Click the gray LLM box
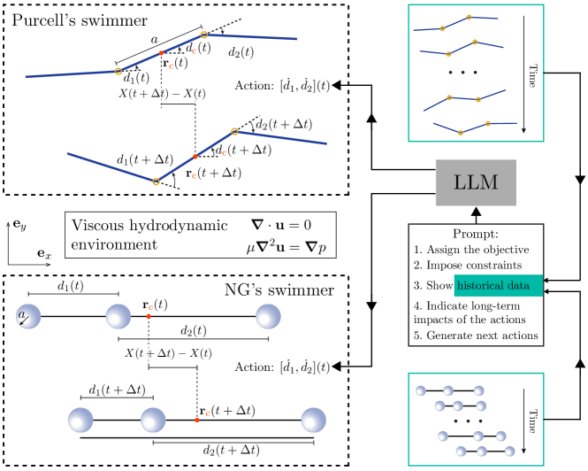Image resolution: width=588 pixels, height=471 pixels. [x=475, y=183]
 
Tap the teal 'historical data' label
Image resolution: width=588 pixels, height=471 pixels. [x=497, y=285]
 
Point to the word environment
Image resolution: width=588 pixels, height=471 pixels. [x=114, y=244]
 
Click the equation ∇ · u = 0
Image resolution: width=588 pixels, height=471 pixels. [x=281, y=226]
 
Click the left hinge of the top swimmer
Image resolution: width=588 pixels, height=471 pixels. [x=118, y=71]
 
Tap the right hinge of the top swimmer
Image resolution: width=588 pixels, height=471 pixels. [x=204, y=35]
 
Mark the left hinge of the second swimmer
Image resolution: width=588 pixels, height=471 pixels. [x=157, y=181]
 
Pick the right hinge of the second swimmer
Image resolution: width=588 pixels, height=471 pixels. [x=234, y=131]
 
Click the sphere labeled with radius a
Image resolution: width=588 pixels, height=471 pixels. [x=28, y=316]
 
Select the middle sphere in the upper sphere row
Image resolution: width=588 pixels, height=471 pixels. [x=118, y=316]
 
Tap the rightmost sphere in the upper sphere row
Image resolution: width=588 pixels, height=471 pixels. [x=268, y=316]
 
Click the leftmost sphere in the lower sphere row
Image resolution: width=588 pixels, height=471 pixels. [x=80, y=420]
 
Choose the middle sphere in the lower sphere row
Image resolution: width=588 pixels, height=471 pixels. [x=153, y=420]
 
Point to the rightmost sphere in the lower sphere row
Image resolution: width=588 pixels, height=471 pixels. [x=313, y=420]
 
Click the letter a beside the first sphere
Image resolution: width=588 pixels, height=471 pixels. [x=21, y=314]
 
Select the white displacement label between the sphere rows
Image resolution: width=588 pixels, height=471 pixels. [x=149, y=353]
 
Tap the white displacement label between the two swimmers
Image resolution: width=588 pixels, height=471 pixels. [x=185, y=93]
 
